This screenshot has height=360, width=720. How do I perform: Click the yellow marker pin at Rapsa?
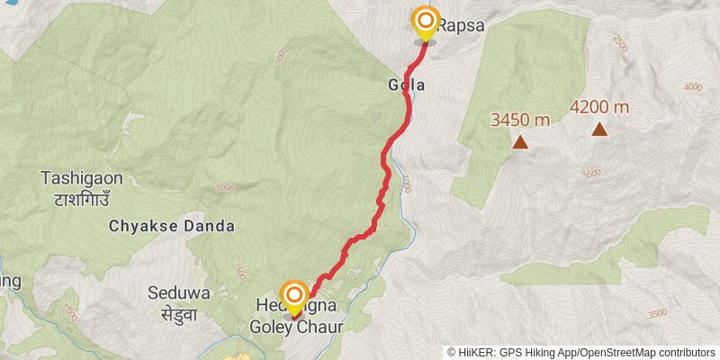point(425,22)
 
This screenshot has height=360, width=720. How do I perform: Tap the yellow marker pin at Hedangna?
point(294,296)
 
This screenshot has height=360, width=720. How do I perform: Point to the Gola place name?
point(406,85)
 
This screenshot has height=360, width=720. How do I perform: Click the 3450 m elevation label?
point(519,119)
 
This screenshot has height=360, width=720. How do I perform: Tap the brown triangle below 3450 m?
point(520,141)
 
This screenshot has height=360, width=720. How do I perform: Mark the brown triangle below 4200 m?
point(599,130)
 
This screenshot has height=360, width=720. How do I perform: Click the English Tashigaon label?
point(82,178)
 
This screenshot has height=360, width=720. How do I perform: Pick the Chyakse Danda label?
point(172,225)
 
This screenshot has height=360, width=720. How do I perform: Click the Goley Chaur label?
point(296,328)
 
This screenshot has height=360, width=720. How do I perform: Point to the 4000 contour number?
point(692,86)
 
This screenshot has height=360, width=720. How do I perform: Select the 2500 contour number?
point(620,43)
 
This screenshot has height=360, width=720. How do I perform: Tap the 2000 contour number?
point(225,187)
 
